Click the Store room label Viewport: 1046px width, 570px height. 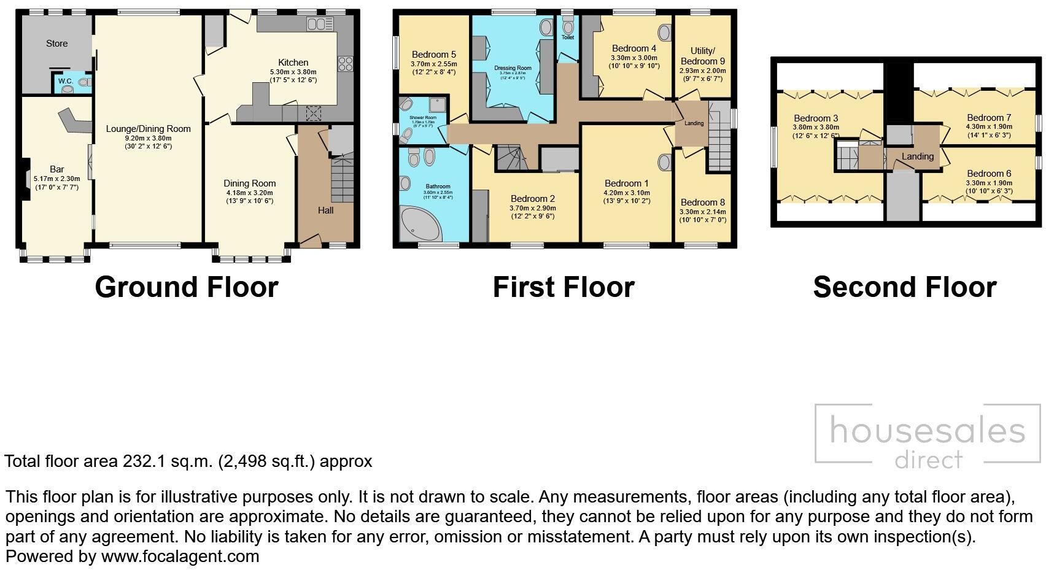[x=56, y=44]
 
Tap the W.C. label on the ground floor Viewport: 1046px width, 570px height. [x=66, y=81]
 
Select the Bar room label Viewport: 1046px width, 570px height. [x=57, y=169]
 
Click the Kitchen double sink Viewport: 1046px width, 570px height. [x=320, y=24]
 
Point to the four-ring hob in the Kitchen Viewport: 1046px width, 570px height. [x=345, y=64]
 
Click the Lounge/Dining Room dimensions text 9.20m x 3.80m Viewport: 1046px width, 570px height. [x=148, y=139]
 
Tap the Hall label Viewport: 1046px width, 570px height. [x=325, y=210]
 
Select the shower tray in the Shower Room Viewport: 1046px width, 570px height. [x=438, y=104]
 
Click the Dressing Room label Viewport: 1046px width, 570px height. [x=513, y=68]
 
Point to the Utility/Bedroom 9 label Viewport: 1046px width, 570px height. [x=702, y=56]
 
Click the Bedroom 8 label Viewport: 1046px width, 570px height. [x=702, y=202]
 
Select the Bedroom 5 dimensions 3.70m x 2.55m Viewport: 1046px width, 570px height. [x=433, y=63]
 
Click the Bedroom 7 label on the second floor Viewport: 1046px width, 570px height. [x=988, y=118]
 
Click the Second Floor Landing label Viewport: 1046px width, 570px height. [x=917, y=156]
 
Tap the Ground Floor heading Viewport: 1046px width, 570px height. [x=187, y=287]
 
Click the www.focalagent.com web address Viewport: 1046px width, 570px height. [x=180, y=557]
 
